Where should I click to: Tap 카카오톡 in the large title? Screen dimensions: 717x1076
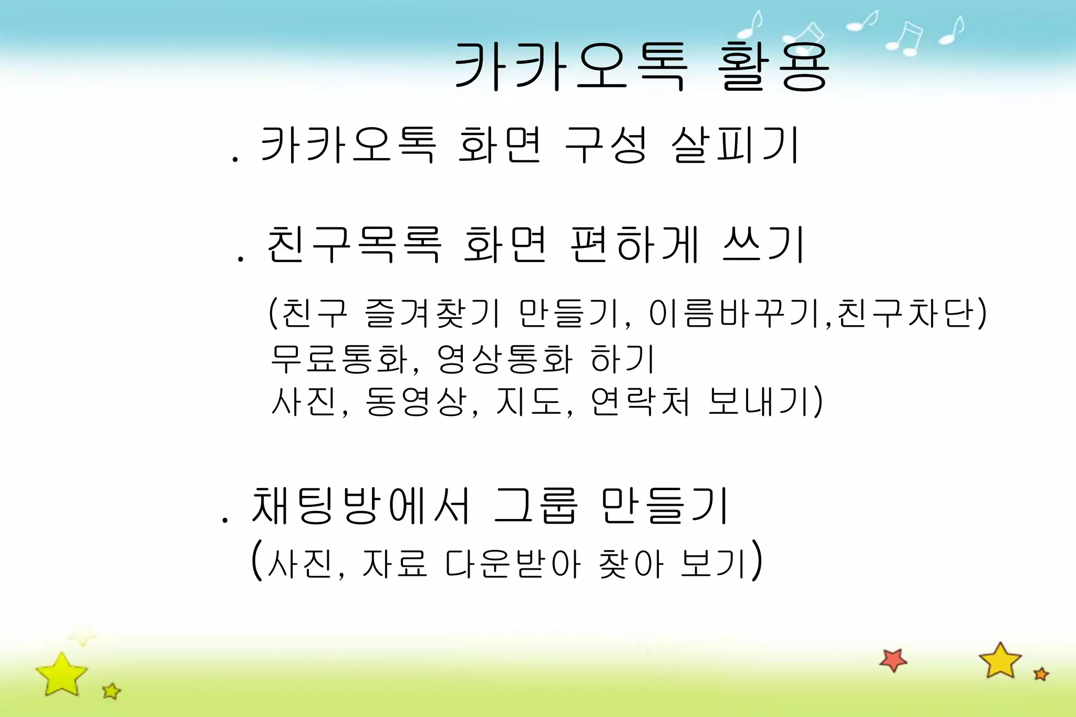[570, 67]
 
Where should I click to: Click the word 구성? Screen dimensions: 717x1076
[605, 144]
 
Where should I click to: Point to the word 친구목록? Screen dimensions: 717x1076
[353, 244]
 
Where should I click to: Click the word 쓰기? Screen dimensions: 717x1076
[763, 244]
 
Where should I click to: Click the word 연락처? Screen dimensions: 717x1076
[639, 401]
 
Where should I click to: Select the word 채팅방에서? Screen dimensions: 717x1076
[360, 505]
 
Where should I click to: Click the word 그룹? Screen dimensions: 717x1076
[536, 505]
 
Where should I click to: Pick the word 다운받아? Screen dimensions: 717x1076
[513, 564]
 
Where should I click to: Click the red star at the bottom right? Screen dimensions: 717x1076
[893, 660]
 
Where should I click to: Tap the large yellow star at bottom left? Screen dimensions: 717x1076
[61, 674]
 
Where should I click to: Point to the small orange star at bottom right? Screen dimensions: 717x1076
[1041, 674]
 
